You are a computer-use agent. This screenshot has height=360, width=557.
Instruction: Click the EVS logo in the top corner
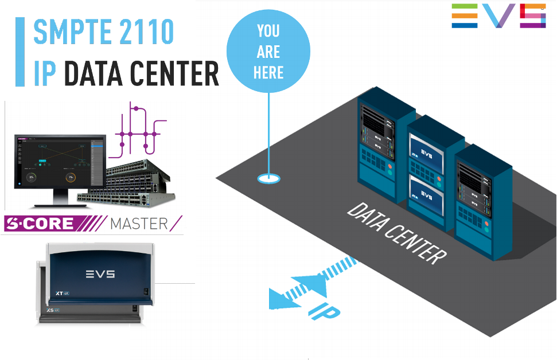click(x=498, y=15)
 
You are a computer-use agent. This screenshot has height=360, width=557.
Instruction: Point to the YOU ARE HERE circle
click(x=269, y=52)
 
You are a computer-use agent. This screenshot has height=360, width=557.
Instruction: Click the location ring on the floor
click(x=268, y=179)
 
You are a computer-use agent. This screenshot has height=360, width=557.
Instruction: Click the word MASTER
click(x=139, y=223)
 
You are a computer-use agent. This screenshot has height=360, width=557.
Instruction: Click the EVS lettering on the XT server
click(x=100, y=274)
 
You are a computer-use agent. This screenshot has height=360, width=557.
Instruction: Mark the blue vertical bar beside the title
click(x=20, y=52)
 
